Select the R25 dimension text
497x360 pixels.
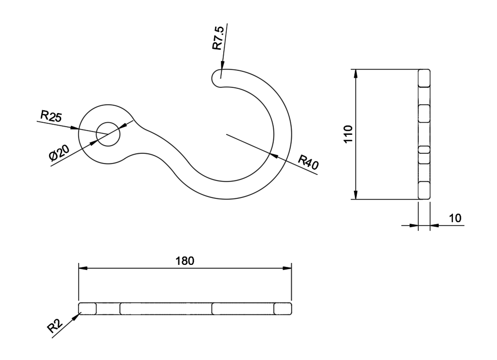[50, 116]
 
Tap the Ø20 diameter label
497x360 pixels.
[59, 152]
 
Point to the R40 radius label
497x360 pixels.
[308, 162]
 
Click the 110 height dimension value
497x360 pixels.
[348, 134]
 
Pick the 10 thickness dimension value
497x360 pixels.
[455, 218]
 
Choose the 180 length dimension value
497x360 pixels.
[185, 261]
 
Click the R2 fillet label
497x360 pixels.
[55, 326]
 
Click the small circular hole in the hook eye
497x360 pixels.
[108, 134]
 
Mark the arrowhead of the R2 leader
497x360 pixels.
[77, 316]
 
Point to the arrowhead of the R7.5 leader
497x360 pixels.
[222, 65]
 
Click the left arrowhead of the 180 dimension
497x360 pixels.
[83, 268]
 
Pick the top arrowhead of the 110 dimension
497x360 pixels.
[356, 74]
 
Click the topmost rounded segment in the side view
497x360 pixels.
[424, 78]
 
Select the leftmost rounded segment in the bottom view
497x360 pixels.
[87, 309]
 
